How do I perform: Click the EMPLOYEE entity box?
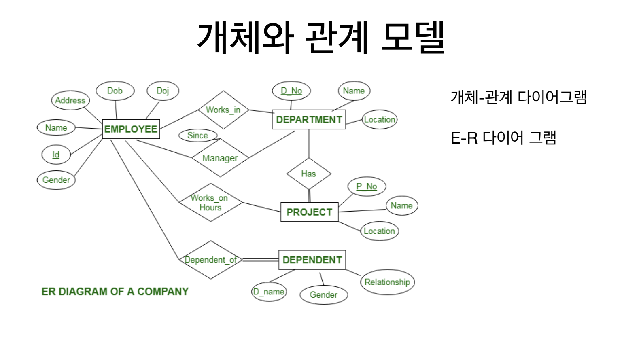(131, 129)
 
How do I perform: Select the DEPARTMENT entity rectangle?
(309, 119)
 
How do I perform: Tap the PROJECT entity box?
(309, 212)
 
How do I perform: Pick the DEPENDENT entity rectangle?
(312, 260)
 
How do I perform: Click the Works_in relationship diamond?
(223, 110)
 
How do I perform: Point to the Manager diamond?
(220, 158)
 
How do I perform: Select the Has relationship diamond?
(308, 174)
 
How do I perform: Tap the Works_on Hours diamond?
(210, 202)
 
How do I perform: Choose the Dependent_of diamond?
(210, 260)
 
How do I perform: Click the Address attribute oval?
(70, 100)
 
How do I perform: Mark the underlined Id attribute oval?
(56, 155)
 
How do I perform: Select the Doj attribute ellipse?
(163, 91)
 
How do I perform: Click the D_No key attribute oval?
(291, 91)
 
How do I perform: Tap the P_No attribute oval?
(367, 186)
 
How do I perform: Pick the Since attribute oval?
(197, 136)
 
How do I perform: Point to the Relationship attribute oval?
(387, 282)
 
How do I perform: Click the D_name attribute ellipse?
(269, 292)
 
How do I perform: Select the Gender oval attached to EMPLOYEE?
(56, 180)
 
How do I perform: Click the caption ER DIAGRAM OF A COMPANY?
(115, 292)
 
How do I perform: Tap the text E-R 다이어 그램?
(503, 138)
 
